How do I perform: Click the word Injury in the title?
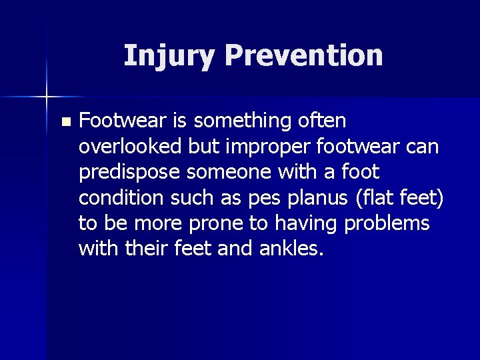click(x=169, y=56)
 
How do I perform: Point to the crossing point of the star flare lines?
click(x=47, y=97)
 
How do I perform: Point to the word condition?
click(x=119, y=197)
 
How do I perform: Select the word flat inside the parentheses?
click(x=365, y=197)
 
